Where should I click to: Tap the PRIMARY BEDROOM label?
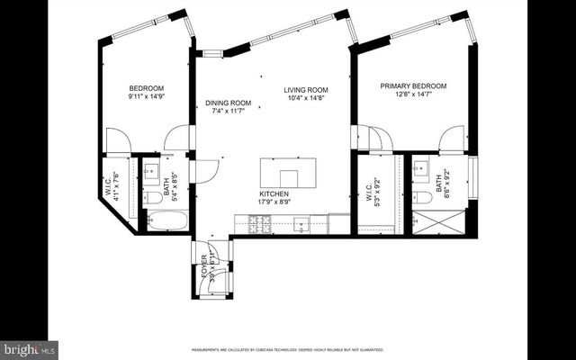pyautogui.click(x=413, y=86)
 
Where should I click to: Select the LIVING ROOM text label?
pyautogui.click(x=306, y=90)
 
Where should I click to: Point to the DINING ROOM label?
pyautogui.click(x=227, y=103)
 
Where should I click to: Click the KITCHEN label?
pyautogui.click(x=273, y=193)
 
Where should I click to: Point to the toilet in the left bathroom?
pyautogui.click(x=152, y=197)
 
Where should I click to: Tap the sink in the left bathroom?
pyautogui.click(x=151, y=170)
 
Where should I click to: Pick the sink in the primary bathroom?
pyautogui.click(x=421, y=168)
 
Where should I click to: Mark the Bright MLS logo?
pyautogui.click(x=29, y=347)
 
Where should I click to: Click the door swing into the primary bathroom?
pyautogui.click(x=451, y=139)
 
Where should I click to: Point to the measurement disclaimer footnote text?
pyautogui.click(x=287, y=349)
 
